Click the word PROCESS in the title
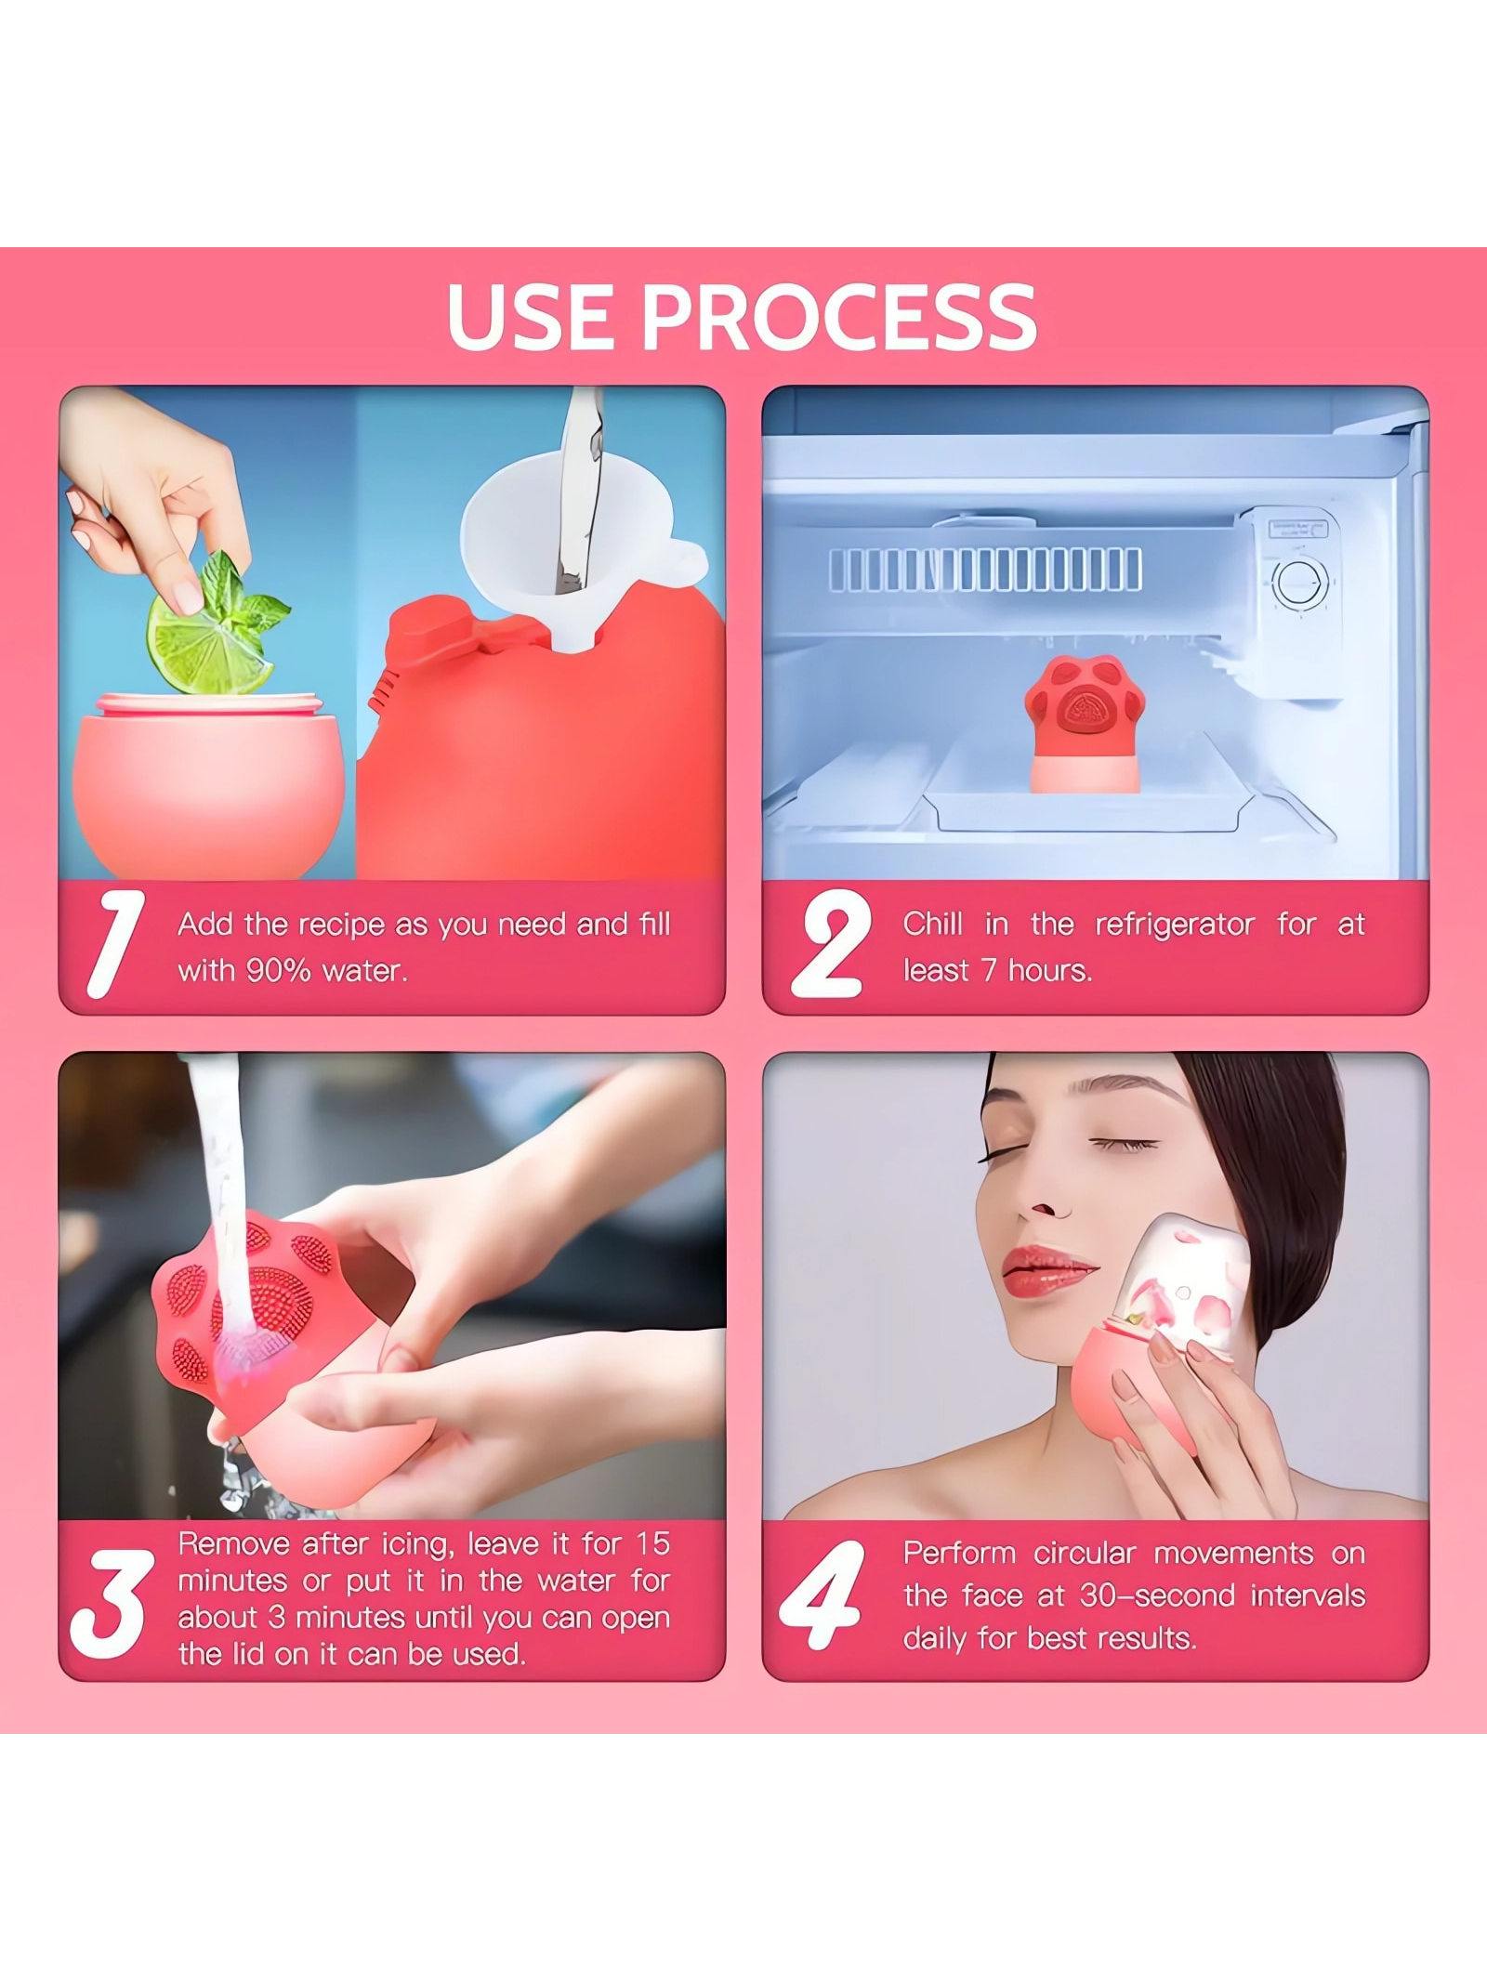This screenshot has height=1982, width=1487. click(838, 317)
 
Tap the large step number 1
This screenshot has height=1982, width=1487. click(114, 944)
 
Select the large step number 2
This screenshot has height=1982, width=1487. click(830, 944)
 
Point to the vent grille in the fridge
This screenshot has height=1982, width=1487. click(985, 570)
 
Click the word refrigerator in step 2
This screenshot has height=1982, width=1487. click(1175, 925)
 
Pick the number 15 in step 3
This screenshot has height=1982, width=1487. click(652, 1544)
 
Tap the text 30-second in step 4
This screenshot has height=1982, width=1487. click(1157, 1595)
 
